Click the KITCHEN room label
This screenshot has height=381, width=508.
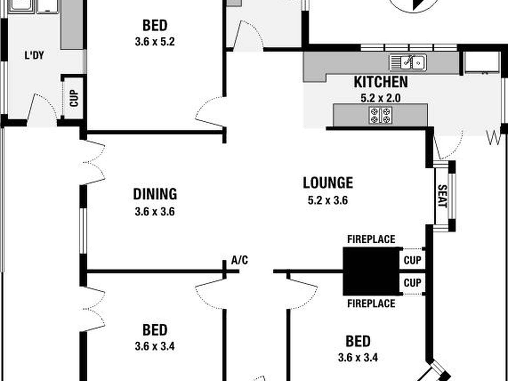381,82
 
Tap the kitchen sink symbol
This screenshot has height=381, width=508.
408,63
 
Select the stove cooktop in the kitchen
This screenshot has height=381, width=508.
380,115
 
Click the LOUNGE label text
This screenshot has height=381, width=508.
328,183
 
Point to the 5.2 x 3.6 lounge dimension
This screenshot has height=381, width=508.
328,201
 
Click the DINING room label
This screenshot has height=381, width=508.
155,194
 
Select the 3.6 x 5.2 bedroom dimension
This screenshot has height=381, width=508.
155,42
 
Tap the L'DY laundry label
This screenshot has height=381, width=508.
34,56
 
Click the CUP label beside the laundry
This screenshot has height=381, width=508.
74,98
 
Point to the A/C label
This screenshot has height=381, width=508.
240,260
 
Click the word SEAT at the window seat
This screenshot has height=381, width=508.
442,196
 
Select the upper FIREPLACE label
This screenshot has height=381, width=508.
371,239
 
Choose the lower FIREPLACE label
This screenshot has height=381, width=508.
371,303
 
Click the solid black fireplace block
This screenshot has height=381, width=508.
371,271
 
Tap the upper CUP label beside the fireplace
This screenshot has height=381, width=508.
412,260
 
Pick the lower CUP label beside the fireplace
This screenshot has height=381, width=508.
412,283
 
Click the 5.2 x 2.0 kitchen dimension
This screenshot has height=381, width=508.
380,98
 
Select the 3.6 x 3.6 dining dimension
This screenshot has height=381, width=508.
155,212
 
